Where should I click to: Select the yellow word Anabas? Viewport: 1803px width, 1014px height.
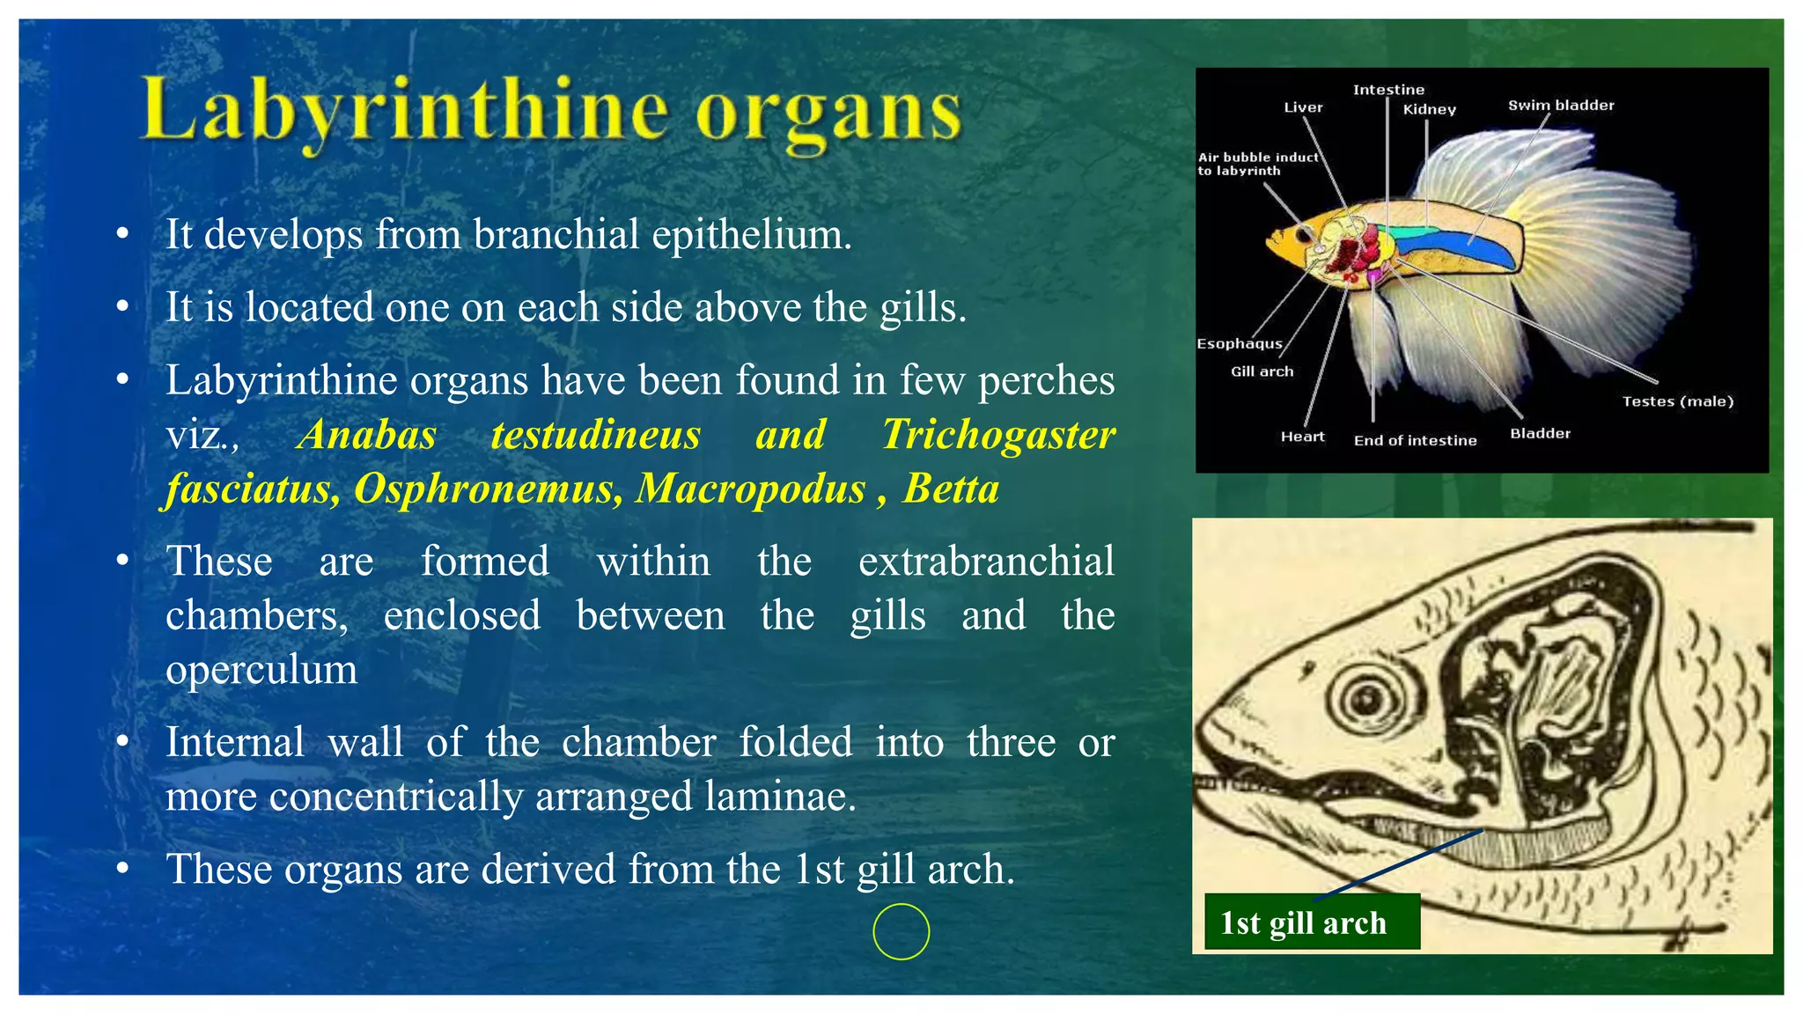(x=366, y=435)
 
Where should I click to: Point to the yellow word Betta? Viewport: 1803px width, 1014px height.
(x=951, y=489)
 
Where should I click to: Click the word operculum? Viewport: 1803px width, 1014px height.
(x=261, y=670)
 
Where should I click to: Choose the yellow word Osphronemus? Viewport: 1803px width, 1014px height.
(x=488, y=489)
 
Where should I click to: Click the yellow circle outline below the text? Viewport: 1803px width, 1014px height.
(x=901, y=931)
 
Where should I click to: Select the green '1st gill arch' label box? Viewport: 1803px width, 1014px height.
(x=1311, y=922)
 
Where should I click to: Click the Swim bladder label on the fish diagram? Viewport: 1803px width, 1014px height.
(x=1561, y=106)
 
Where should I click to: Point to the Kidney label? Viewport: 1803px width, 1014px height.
(x=1429, y=110)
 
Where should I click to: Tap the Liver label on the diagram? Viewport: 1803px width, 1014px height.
(x=1303, y=107)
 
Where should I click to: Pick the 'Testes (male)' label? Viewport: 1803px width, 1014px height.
(x=1677, y=401)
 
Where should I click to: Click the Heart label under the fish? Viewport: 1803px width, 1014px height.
(x=1302, y=437)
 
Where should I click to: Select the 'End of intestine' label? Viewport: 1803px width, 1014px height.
(x=1415, y=440)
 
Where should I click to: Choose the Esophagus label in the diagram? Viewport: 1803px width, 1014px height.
(x=1239, y=343)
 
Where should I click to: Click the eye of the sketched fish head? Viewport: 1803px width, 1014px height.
(x=1367, y=699)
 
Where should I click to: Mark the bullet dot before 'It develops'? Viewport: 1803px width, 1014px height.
(x=122, y=234)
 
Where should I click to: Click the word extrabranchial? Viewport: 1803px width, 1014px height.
(x=986, y=562)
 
